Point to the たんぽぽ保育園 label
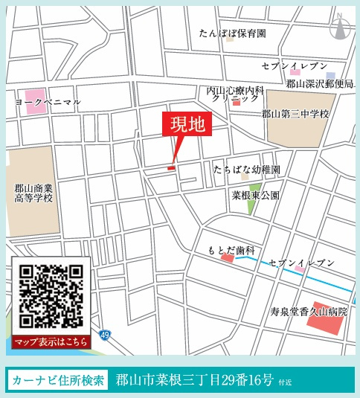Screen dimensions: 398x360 (x=232, y=33)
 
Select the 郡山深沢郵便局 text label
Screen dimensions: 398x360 (x=320, y=84)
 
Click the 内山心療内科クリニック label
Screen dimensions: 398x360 (x=234, y=94)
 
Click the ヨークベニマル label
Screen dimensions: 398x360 (x=48, y=101)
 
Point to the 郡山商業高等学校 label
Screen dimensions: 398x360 (x=33, y=194)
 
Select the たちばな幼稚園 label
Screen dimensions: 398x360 (x=246, y=170)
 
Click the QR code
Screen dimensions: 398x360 (x=51, y=296)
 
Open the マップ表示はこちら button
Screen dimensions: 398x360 (x=51, y=341)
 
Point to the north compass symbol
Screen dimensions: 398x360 (x=341, y=27)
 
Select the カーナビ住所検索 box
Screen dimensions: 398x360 (x=58, y=380)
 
